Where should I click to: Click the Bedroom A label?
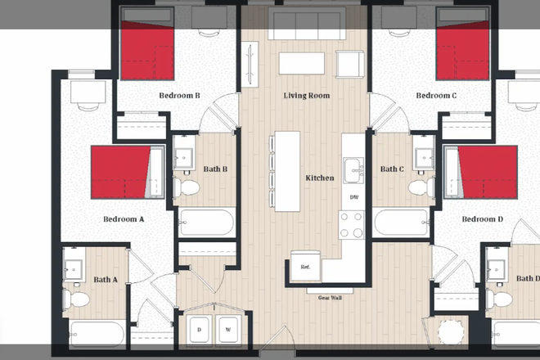click(x=124, y=219)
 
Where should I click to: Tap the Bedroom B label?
click(x=179, y=96)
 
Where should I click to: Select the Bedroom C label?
click(x=436, y=96)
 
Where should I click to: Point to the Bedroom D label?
click(x=483, y=219)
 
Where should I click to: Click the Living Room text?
click(x=307, y=96)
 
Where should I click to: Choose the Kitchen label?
click(x=319, y=178)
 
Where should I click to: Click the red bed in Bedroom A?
click(x=121, y=172)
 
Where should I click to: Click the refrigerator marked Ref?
click(x=305, y=268)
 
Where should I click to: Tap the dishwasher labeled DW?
click(x=353, y=198)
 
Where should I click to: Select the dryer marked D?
click(x=199, y=330)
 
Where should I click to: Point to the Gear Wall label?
click(x=330, y=298)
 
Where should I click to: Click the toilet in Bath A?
click(x=78, y=300)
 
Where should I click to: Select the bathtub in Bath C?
click(x=401, y=222)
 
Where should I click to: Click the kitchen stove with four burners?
click(x=353, y=225)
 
